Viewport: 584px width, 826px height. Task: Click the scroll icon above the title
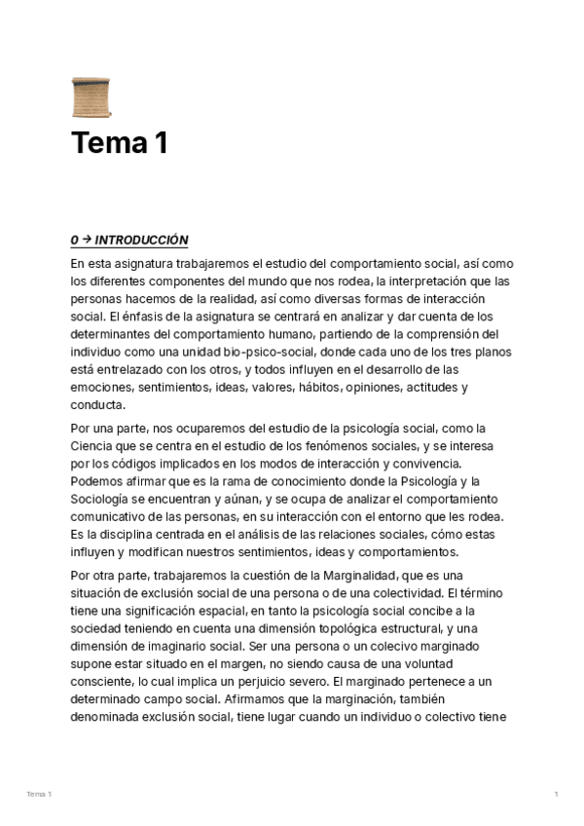(86, 97)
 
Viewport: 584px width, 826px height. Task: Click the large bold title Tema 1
(120, 143)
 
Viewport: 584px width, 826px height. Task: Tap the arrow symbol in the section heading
(86, 241)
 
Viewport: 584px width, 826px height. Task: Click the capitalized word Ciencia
(95, 445)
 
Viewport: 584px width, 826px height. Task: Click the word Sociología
(108, 499)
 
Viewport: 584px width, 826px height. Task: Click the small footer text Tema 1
(39, 795)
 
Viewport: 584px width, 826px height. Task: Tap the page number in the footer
(556, 795)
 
